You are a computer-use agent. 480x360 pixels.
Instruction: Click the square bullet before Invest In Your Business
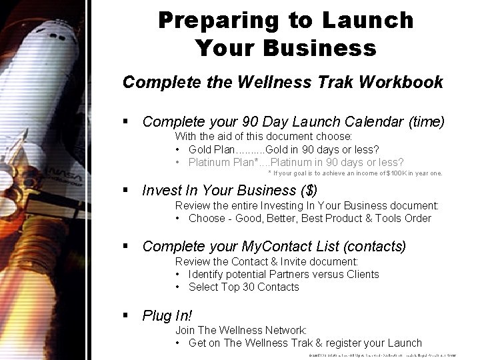(x=126, y=190)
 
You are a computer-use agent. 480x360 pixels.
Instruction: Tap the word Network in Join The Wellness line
(x=283, y=330)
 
